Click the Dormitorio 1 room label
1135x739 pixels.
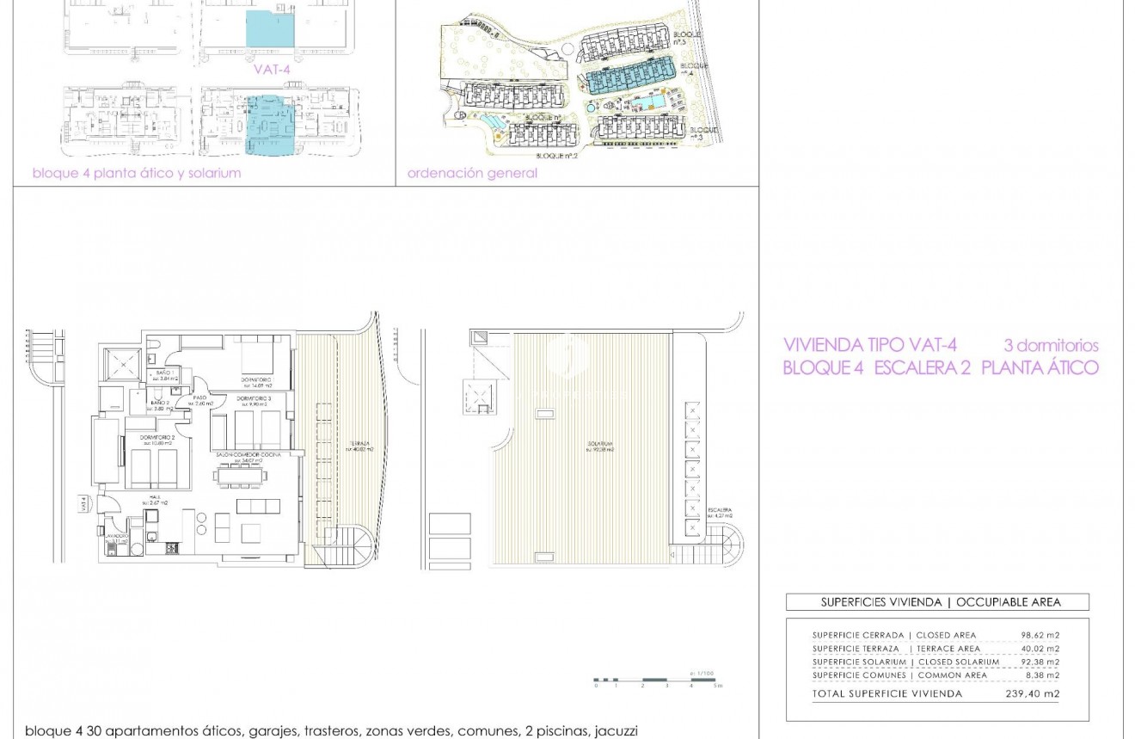(256, 379)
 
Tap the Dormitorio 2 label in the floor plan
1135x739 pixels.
(156, 439)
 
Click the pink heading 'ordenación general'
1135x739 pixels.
(472, 173)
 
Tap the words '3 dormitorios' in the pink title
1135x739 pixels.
(1051, 345)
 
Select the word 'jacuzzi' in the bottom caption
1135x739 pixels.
(616, 731)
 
